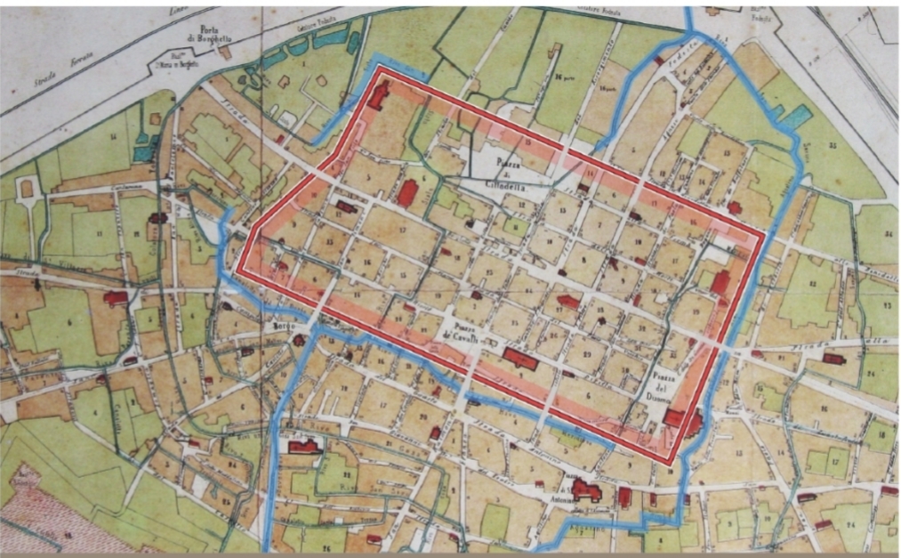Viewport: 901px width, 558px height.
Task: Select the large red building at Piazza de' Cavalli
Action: click(519, 360)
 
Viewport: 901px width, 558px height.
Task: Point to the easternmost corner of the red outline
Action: click(764, 237)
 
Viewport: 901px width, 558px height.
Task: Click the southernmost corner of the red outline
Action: click(673, 463)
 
